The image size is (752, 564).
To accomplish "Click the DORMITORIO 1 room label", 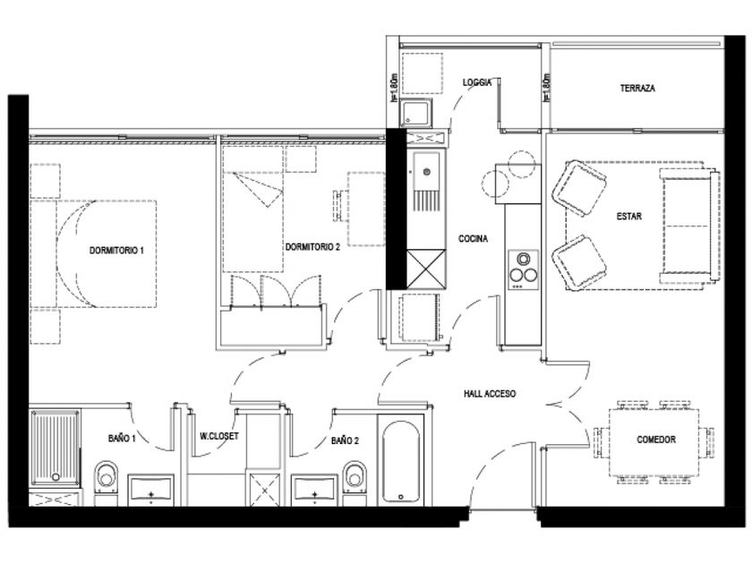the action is point(116,251).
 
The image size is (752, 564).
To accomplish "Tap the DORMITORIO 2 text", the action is point(312,247).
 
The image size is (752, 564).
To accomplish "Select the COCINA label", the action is point(473,238).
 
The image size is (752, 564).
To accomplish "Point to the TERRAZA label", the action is point(637,89).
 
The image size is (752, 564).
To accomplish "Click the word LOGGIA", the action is point(477,82).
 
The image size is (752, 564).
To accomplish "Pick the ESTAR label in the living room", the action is point(628,217).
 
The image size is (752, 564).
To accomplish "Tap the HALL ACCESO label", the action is point(490,394).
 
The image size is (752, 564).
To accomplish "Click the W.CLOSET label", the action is point(219,437).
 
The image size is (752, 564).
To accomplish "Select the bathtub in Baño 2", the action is point(401,461).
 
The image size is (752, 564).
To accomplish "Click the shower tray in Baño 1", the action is point(56,448).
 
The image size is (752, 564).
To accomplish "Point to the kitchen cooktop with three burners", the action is point(523,270).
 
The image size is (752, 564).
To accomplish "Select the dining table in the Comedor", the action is point(654,442).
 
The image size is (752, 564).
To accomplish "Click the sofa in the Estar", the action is point(689,226).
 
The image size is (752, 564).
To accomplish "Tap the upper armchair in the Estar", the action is point(579,188).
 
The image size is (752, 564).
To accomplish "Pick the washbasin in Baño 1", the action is point(150,491).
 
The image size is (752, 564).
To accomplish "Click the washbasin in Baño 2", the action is point(314,491).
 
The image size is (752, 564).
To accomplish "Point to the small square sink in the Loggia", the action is point(415,113).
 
